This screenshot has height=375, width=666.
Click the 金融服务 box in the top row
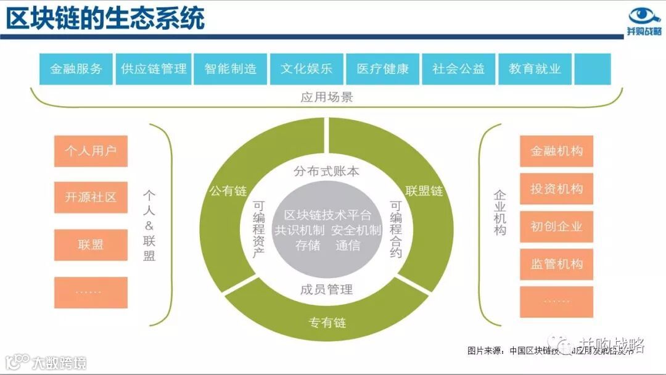coord(76,69)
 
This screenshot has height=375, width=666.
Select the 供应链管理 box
coord(154,69)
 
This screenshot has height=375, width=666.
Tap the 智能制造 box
coord(230,69)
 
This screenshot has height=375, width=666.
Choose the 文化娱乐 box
coord(306,69)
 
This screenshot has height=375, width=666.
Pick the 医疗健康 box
coord(382,69)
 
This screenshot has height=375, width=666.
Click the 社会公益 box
coord(458,69)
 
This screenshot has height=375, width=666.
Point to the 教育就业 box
coord(535,69)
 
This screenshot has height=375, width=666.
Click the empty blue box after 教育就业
coord(592,69)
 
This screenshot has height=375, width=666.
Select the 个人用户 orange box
coord(91,151)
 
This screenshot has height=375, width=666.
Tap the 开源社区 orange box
coord(91,197)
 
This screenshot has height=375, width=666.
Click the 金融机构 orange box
coord(556,151)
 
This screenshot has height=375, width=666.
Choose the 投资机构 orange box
coord(556,189)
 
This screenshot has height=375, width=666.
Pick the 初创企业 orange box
coord(556,226)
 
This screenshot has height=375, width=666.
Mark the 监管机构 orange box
coord(556,264)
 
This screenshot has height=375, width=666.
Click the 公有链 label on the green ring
coord(228,191)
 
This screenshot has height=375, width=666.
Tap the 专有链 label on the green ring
coord(327,323)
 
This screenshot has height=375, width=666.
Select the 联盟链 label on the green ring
coord(424,191)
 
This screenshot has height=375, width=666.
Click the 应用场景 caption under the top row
coord(326,97)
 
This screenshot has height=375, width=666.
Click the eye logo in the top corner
coord(644,15)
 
